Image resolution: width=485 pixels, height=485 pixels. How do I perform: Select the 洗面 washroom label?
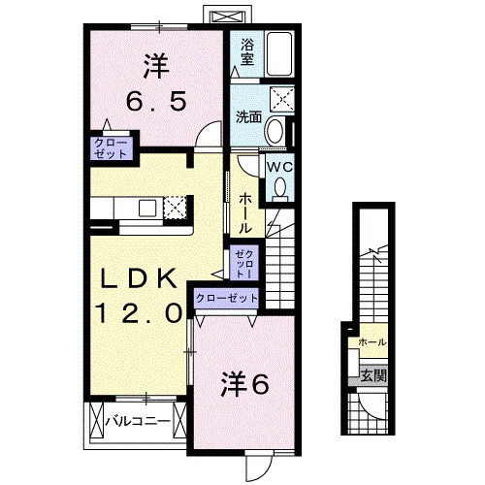coord(248,117)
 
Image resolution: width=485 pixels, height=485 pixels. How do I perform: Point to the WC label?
coord(278,166)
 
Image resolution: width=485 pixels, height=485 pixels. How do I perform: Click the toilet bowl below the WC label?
coord(279,191)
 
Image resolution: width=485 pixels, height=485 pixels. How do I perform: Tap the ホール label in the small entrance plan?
coord(372,342)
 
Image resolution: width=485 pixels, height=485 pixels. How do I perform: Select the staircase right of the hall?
coord(281,262)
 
